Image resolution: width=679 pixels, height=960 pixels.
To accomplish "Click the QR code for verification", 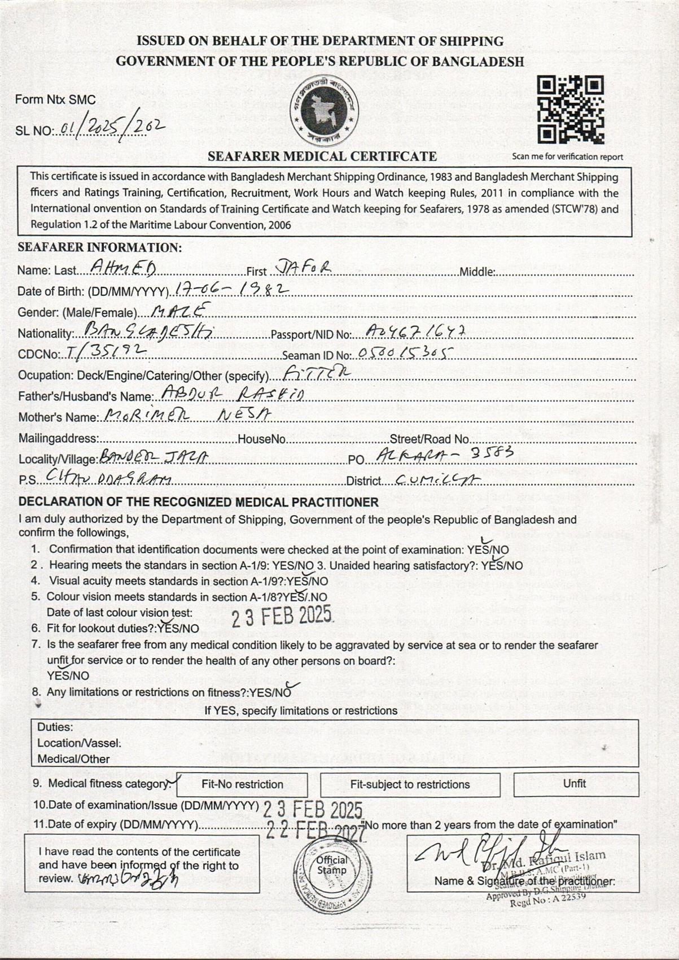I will point(570,110).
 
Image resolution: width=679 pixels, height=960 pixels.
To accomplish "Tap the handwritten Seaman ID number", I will point(406,354).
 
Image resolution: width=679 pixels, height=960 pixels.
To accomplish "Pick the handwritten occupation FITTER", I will point(317,373).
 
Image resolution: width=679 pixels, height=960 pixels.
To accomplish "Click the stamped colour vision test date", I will point(282,616).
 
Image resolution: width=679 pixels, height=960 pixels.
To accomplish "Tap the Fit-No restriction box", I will point(242,784).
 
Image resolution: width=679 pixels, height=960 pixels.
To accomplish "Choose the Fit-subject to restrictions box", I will point(410,784).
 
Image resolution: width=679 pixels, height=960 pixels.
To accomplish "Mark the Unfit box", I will point(575,784).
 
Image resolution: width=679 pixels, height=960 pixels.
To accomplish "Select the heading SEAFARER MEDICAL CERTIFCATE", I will point(322,156).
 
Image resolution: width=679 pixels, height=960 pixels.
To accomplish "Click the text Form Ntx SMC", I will point(55,100).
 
